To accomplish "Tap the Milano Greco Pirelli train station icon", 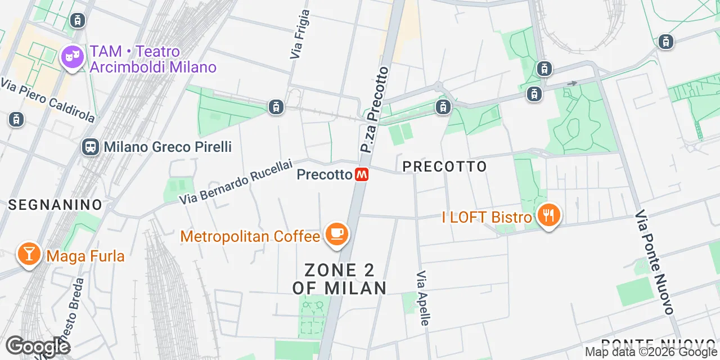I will click(90, 147).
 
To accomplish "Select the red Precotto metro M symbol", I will click(362, 175).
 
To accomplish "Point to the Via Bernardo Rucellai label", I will click(236, 182).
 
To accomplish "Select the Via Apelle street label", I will click(423, 298).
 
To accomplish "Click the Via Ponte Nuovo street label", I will click(654, 262).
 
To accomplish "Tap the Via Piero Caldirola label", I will click(48, 101).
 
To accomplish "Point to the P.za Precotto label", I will click(375, 110).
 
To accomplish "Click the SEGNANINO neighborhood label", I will click(55, 205).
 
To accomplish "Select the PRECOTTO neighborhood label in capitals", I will click(445, 166).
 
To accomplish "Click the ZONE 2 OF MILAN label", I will click(340, 279).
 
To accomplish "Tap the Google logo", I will click(37, 347).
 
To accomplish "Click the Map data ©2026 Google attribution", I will click(651, 352).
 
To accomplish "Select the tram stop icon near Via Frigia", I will click(276, 106).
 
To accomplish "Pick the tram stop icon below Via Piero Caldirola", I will click(16, 119).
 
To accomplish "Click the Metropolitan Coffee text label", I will click(250, 236).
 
